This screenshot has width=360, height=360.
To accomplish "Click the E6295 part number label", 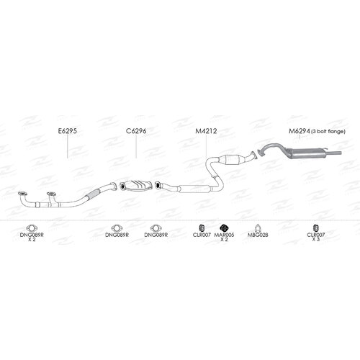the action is (68, 131).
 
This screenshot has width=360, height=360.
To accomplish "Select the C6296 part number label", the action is (136, 131).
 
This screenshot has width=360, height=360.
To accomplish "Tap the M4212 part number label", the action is (206, 131).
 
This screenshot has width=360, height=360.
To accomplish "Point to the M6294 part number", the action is (300, 131).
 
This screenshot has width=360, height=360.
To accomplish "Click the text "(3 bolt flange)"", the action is (328, 132).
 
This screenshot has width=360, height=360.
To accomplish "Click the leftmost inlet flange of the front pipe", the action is (22, 194).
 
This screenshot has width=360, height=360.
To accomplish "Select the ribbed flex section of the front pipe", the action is (94, 194).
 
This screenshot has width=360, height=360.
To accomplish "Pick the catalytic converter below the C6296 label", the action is (135, 186).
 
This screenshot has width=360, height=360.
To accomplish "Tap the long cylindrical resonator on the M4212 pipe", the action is (195, 189).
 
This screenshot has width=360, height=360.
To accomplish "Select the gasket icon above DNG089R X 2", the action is (32, 228).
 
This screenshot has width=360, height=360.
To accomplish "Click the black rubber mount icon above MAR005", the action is (224, 228).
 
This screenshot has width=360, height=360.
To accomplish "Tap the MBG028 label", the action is (258, 235).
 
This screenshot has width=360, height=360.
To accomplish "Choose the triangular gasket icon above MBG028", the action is (258, 228).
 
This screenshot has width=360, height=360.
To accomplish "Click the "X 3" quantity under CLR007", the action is (316, 239).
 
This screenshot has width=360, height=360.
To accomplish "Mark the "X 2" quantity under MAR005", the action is (224, 239).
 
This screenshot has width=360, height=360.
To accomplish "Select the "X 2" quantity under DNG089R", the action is (32, 239).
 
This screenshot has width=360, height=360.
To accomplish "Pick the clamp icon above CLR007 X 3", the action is (316, 228).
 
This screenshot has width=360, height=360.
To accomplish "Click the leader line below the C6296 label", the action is (136, 146).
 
